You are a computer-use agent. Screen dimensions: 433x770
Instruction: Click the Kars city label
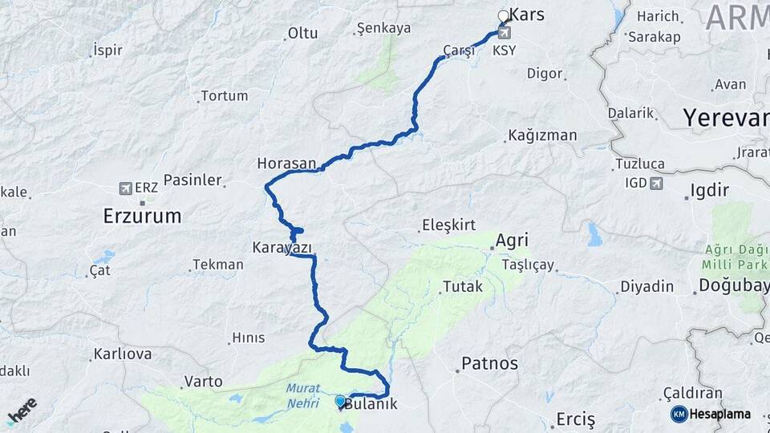tap(527, 15)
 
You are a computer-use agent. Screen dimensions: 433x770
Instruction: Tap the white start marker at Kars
tap(504, 16)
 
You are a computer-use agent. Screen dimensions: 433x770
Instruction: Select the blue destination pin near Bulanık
tap(340, 401)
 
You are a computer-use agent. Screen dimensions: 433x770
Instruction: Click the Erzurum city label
tap(142, 216)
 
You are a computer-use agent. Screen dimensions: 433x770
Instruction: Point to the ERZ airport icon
tap(125, 188)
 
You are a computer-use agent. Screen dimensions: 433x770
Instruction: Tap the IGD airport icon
tap(657, 184)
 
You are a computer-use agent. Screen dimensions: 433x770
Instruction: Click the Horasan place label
tap(286, 164)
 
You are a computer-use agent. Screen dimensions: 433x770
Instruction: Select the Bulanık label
tap(371, 404)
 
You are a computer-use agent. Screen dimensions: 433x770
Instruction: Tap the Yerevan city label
tap(725, 119)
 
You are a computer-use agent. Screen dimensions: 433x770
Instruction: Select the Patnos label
tap(489, 364)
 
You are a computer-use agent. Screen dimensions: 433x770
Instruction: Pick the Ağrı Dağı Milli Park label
tap(735, 257)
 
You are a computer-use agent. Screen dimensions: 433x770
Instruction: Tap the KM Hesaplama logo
tap(711, 414)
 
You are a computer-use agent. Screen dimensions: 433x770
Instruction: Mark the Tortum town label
tap(224, 95)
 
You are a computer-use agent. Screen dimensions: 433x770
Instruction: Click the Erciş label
tap(576, 419)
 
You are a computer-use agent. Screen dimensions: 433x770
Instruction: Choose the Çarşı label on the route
tap(459, 51)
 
